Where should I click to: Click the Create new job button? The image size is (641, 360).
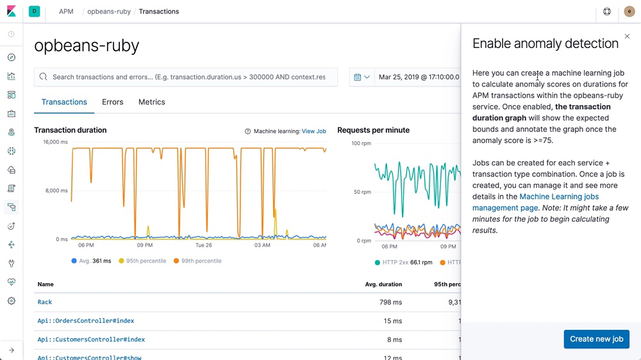(x=596, y=339)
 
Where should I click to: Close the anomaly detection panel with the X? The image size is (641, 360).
(x=627, y=37)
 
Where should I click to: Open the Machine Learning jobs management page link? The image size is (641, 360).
(x=536, y=202)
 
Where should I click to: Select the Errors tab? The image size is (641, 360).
(x=112, y=102)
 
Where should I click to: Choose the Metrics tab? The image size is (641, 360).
(x=151, y=102)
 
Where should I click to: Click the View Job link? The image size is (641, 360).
(x=313, y=131)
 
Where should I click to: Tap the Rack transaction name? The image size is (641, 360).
(x=45, y=302)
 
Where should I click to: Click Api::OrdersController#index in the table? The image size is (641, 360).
(x=86, y=320)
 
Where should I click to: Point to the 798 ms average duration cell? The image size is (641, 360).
(x=391, y=302)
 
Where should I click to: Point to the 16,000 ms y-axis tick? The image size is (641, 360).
(x=55, y=142)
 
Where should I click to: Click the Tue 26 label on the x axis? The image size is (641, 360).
(x=204, y=245)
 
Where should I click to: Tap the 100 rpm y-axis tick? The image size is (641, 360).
(x=361, y=143)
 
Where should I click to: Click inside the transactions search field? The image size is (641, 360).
(x=188, y=77)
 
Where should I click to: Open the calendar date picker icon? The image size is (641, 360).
(x=362, y=77)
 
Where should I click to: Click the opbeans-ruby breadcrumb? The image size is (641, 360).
(x=109, y=12)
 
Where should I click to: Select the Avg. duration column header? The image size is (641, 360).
(x=383, y=284)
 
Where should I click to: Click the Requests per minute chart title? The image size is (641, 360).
(x=373, y=130)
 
